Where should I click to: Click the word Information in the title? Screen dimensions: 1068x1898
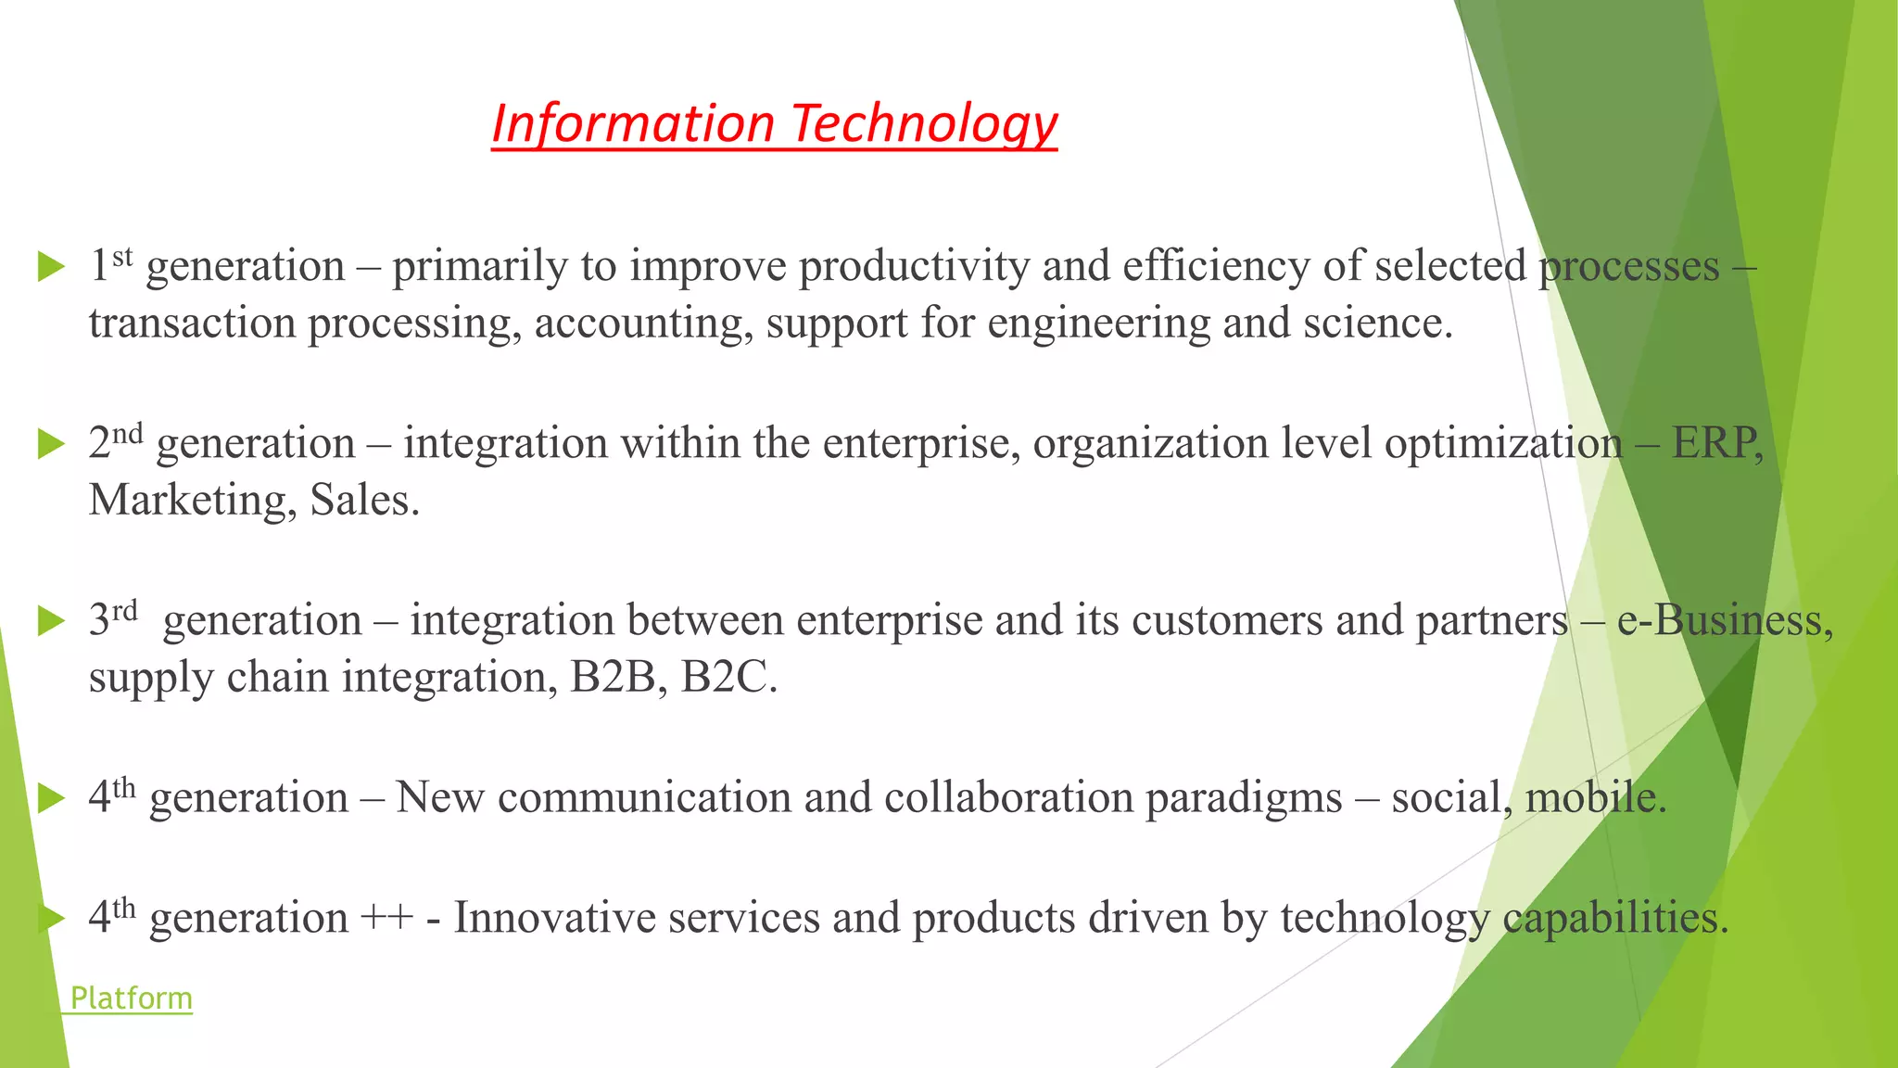[632, 123]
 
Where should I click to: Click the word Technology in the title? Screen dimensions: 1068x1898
[924, 123]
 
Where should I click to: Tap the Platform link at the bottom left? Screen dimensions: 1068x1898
[131, 998]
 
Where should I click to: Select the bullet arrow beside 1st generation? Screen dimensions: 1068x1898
[51, 268]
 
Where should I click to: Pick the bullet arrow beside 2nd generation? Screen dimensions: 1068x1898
[51, 445]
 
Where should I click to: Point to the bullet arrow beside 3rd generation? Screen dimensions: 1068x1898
[51, 622]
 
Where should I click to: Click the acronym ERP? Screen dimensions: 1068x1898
[1715, 443]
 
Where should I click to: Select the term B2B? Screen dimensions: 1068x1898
[613, 678]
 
